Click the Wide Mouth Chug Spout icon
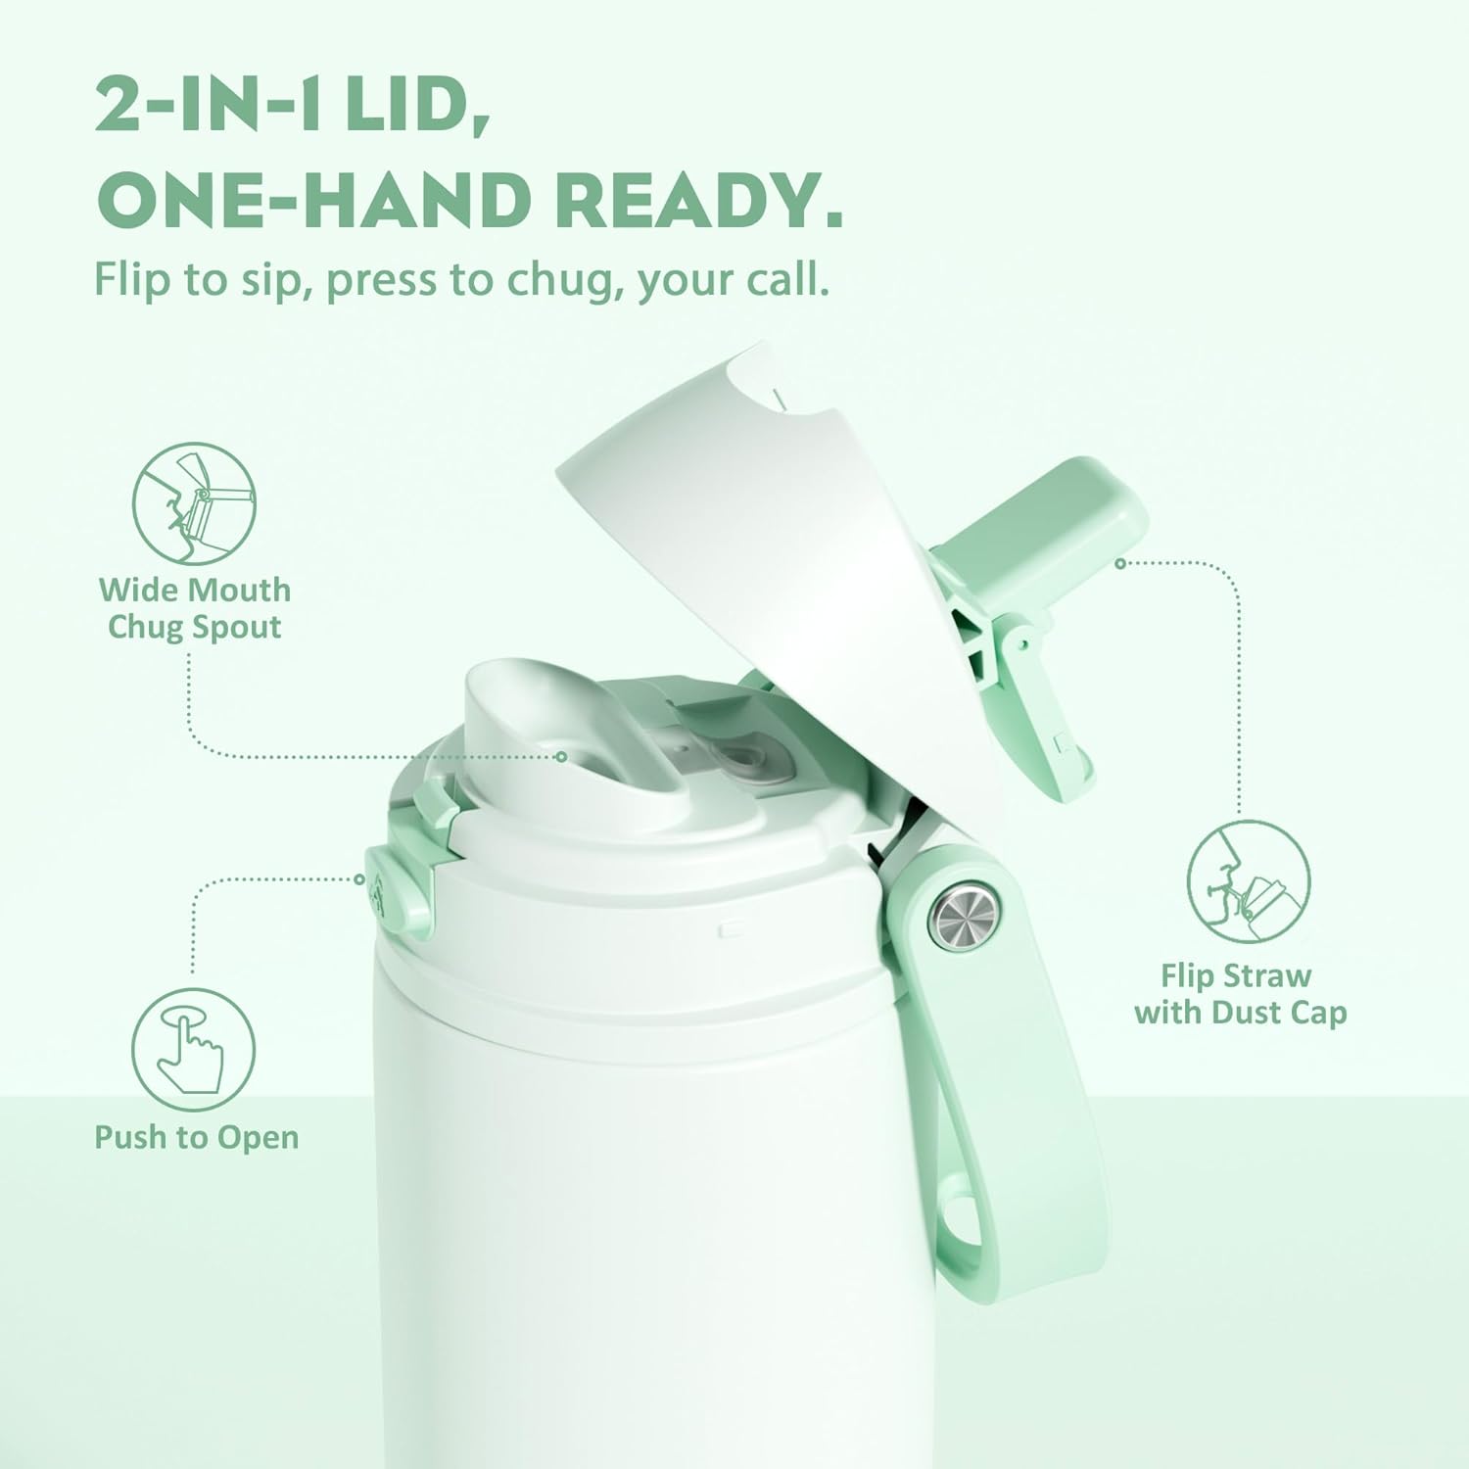194,502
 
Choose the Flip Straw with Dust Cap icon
1248,881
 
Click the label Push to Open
196,1137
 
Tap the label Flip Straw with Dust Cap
1240,993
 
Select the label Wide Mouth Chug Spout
194,608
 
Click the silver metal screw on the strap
965,917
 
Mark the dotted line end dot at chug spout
561,756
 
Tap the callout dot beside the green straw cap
1121,563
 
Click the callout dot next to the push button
359,878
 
